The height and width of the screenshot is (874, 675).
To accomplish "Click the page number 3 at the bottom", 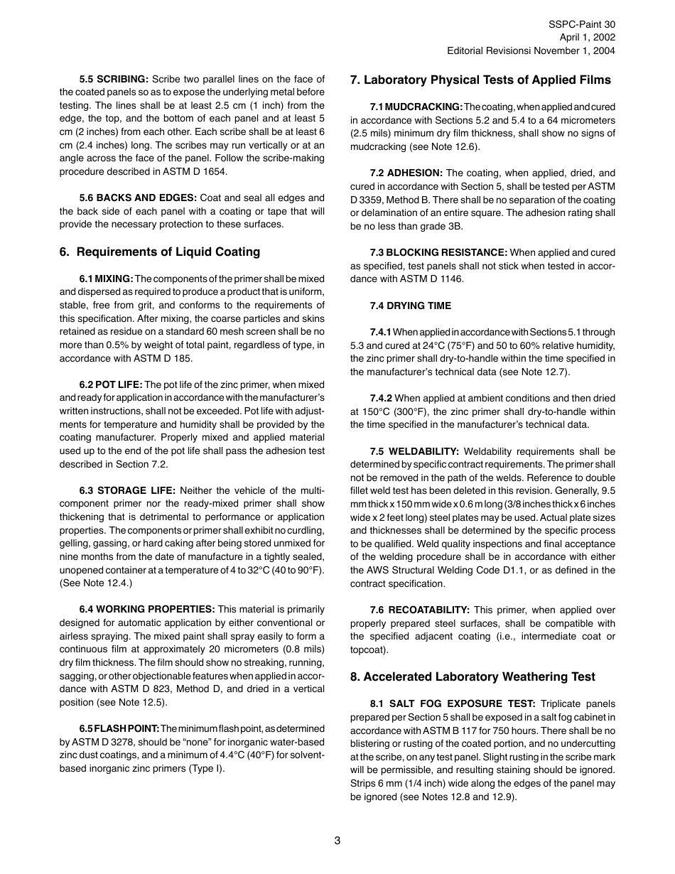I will pyautogui.click(x=337, y=841).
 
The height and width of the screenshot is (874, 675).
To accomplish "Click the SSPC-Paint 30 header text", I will pyautogui.click(x=582, y=23).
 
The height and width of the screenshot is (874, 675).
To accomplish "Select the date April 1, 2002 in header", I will pyautogui.click(x=587, y=37).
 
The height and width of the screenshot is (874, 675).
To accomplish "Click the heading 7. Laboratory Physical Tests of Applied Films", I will pyautogui.click(x=480, y=80).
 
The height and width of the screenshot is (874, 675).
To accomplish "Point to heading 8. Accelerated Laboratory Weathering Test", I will pyautogui.click(x=472, y=676).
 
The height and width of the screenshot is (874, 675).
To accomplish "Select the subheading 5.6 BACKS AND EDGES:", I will pyautogui.click(x=138, y=198).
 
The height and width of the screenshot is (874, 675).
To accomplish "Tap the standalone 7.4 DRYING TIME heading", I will pyautogui.click(x=410, y=306).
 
